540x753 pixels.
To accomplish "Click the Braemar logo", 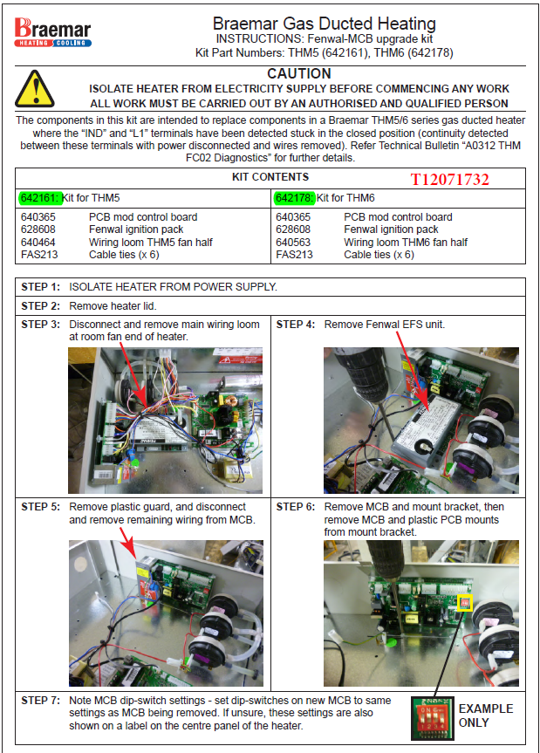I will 51,31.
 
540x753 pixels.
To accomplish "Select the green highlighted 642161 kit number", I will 38,199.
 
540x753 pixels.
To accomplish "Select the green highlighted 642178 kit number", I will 294,199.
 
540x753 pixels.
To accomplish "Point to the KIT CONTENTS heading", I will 270,177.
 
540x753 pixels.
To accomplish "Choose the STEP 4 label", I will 296,325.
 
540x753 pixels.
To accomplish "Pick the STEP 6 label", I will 296,507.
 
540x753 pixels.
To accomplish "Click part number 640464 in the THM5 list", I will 38,243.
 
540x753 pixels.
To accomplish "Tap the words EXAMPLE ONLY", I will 486,715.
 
